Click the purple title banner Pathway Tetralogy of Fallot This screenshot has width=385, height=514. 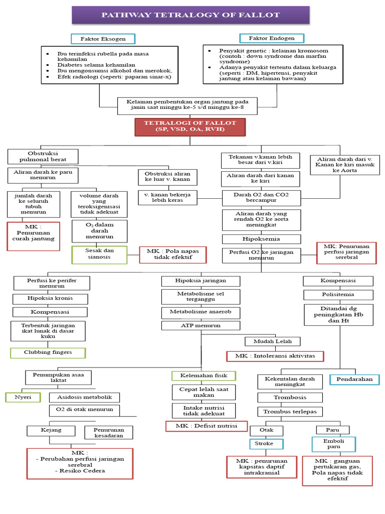click(x=190, y=15)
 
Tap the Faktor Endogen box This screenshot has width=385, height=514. click(x=267, y=38)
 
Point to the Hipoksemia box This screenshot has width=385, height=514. click(x=262, y=239)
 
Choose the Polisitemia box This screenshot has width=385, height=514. click(x=338, y=294)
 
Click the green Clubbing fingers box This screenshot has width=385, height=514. click(x=48, y=352)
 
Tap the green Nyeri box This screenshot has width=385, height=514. click(x=20, y=397)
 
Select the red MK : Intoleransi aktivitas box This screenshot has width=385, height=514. click(x=275, y=356)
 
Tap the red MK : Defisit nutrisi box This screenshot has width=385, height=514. click(x=207, y=426)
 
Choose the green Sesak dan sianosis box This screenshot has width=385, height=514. click(x=98, y=255)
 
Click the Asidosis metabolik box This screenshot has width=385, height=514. click(x=85, y=397)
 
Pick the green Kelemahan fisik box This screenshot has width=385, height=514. click(x=204, y=375)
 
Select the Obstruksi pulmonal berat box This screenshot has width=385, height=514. click(x=43, y=156)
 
